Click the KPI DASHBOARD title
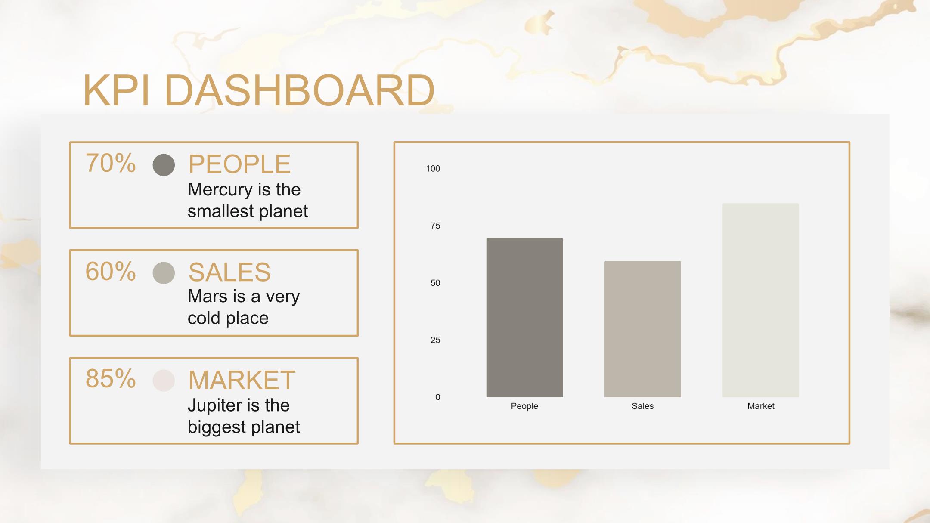(259, 90)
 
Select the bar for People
(524, 318)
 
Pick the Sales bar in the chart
(642, 329)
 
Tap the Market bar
(761, 300)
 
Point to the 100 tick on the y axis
(433, 169)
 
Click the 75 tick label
(435, 226)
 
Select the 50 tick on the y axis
(435, 283)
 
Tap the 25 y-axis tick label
(435, 340)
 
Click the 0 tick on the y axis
(437, 397)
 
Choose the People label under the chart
(524, 406)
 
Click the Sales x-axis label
(642, 406)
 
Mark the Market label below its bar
(761, 406)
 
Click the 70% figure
(111, 163)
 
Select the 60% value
(111, 271)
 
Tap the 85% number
(111, 379)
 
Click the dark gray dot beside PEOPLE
(164, 165)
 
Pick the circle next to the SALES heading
(164, 273)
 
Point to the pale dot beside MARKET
(164, 381)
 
